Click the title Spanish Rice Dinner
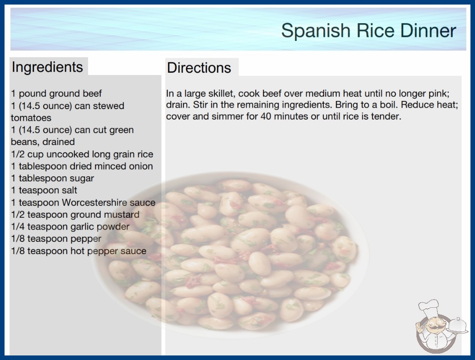tap(368, 31)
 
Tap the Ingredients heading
tap(47, 67)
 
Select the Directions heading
tap(199, 68)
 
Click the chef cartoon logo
tap(441, 326)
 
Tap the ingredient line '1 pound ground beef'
tap(56, 94)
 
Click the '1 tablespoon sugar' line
tap(52, 178)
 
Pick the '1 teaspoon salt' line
tap(44, 190)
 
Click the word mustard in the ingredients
tap(122, 215)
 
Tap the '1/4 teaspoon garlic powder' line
tap(70, 227)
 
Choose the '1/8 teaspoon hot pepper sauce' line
tap(79, 251)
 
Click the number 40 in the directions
tap(266, 116)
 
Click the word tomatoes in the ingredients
tap(31, 118)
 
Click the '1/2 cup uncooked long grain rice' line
tap(82, 155)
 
